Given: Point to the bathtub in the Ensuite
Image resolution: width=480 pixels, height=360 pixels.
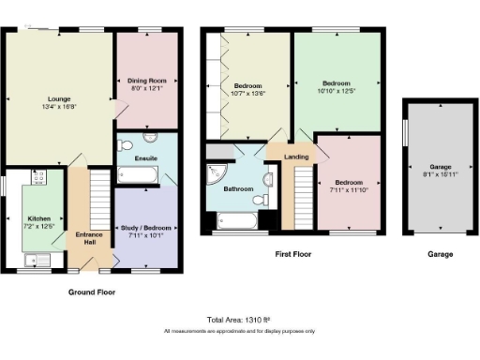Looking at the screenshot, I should coord(141,173).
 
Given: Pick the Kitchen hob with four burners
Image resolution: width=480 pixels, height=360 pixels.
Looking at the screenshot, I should coord(39,175).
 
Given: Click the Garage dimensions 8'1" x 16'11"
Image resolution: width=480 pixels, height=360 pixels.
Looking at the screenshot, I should coord(439,173).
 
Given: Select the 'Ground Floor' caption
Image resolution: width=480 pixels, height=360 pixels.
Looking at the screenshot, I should coord(92,292).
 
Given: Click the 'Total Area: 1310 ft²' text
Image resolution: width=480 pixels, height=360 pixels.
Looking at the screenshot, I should coord(238,320).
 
